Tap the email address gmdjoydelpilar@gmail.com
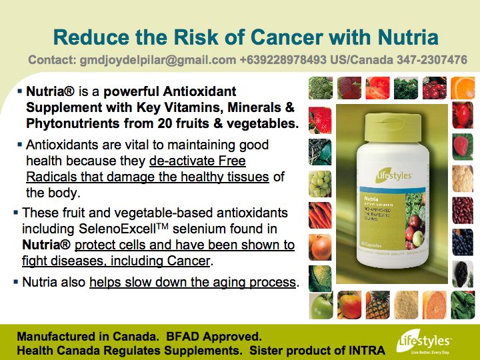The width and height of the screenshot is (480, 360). click(132, 60)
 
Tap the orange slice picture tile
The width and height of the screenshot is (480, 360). click(463, 88)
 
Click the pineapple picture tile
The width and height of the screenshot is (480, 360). click(377, 305)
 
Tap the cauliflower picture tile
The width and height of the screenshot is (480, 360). click(463, 176)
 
